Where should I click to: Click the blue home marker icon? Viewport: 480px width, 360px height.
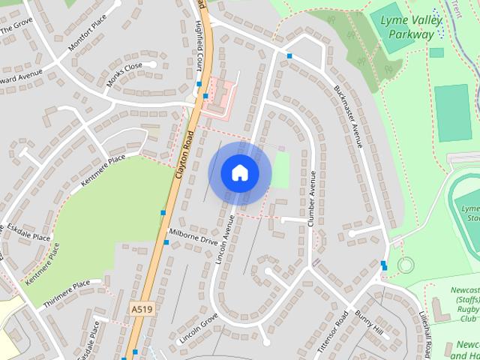[x=239, y=173]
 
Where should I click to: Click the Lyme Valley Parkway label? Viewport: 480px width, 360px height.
[x=407, y=27]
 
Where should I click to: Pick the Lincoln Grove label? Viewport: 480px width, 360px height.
[x=198, y=330]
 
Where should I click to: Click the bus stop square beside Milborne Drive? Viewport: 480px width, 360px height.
[x=166, y=242]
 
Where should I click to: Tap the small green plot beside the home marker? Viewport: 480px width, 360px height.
[x=280, y=170]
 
